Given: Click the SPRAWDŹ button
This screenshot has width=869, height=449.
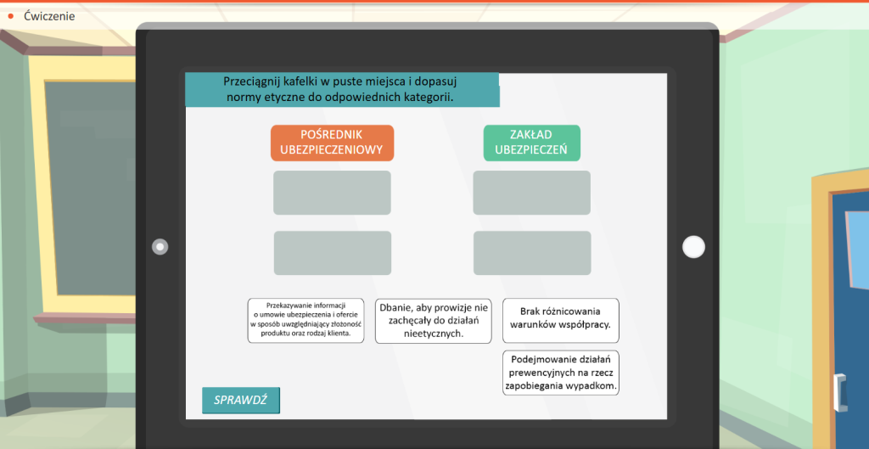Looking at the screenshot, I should coord(240,400).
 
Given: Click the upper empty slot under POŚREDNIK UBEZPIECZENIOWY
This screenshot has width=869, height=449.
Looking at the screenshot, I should coord(332,193).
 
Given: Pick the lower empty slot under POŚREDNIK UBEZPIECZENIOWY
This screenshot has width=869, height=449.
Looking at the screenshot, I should coord(332,253).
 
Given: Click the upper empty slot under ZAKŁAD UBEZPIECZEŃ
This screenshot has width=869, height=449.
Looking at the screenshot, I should coord(531,193).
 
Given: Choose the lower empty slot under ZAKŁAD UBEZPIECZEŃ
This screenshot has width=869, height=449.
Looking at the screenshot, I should coord(531,253).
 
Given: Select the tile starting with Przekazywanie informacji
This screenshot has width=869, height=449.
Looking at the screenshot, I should coord(306,320).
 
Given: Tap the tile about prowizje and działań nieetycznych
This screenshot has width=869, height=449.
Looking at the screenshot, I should coord(433,320).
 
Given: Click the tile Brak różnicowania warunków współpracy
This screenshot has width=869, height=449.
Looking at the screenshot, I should coord(560,318).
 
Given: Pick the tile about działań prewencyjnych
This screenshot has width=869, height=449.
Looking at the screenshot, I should coord(560,372).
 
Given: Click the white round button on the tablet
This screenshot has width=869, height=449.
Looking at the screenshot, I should coord(693,246).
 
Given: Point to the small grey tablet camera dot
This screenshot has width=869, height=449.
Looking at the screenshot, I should coord(160,247).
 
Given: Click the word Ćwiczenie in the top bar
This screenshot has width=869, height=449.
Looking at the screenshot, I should coord(49,15).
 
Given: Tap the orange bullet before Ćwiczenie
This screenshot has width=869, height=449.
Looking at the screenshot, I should coord(11,15).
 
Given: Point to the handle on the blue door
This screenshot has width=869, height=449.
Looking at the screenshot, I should coord(841,392).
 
